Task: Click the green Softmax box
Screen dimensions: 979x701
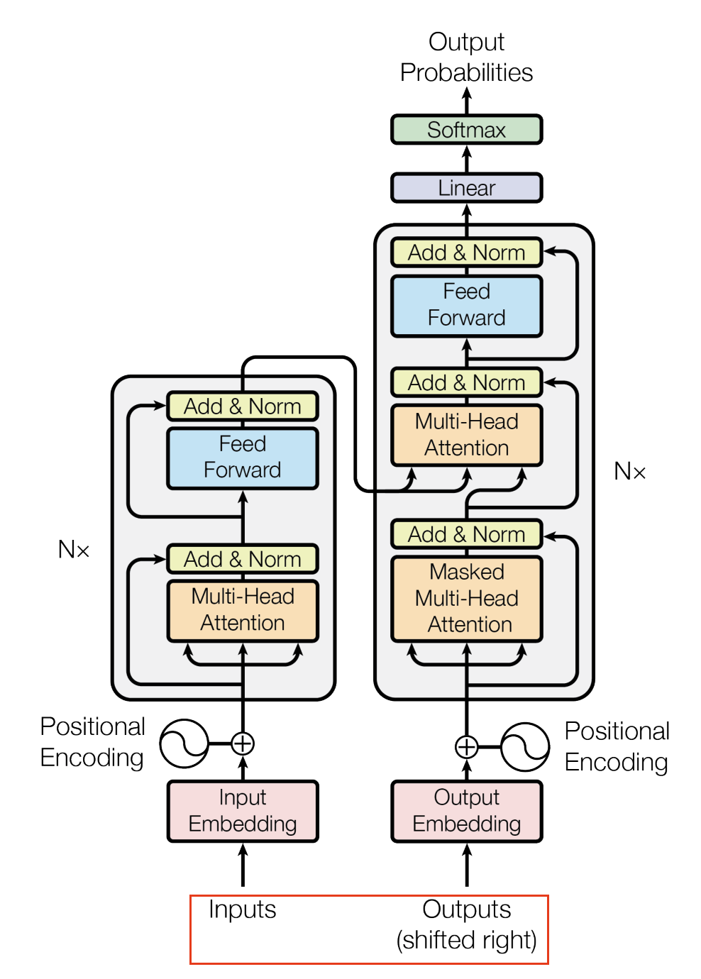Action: (466, 130)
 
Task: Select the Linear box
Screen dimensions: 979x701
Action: (466, 188)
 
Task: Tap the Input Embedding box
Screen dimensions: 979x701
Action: (243, 811)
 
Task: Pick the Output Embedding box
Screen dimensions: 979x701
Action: (466, 811)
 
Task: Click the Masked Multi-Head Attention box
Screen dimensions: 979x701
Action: (466, 599)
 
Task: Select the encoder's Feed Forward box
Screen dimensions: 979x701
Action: (243, 458)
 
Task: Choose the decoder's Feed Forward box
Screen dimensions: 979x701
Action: (466, 305)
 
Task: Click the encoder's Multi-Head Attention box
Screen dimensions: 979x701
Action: (243, 610)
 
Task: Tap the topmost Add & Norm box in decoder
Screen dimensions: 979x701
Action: (466, 253)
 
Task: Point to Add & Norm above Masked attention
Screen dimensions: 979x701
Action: (466, 534)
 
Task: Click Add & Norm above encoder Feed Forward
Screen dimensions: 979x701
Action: (243, 406)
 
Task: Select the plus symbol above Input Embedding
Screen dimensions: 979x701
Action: (243, 743)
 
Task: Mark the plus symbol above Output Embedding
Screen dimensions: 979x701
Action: (466, 747)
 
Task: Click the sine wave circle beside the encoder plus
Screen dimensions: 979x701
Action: (184, 743)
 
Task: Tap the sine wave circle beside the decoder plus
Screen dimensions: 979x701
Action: (525, 747)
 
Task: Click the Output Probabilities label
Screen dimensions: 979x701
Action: (466, 57)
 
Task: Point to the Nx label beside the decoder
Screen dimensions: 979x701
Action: (629, 471)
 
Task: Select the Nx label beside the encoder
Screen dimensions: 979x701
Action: (74, 549)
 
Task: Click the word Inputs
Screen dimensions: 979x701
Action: (243, 909)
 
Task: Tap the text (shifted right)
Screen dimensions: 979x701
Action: (466, 940)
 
